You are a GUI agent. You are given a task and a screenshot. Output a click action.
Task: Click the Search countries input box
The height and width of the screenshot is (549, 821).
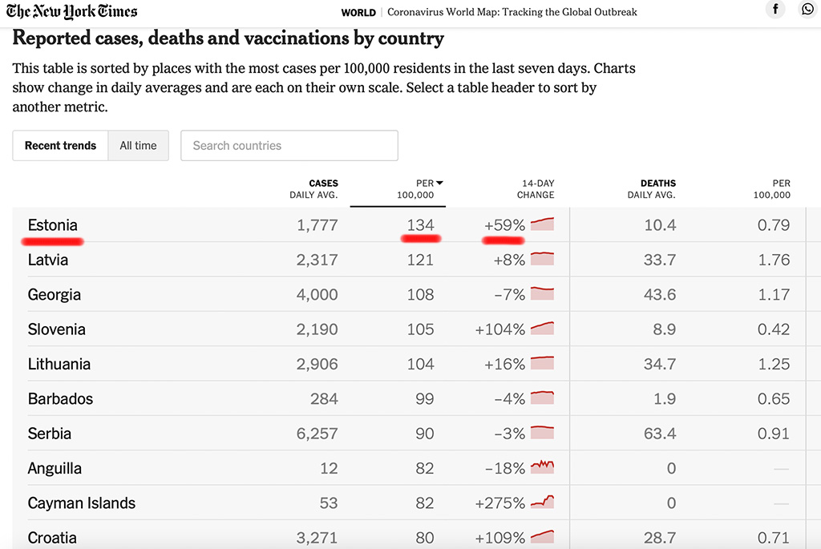(289, 146)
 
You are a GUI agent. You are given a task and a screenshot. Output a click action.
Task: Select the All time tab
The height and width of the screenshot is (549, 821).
(138, 146)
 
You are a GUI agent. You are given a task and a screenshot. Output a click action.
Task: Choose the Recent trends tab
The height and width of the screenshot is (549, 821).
(60, 146)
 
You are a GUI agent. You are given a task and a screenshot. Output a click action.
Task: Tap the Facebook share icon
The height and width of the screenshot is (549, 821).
(775, 10)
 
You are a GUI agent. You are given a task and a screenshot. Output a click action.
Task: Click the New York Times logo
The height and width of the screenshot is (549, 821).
(71, 11)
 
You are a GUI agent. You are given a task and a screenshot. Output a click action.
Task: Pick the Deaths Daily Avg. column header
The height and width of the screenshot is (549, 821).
(651, 189)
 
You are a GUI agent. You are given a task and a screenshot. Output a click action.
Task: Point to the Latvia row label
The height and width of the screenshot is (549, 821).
(48, 260)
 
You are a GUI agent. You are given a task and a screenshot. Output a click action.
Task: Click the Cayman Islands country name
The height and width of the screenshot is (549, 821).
(82, 503)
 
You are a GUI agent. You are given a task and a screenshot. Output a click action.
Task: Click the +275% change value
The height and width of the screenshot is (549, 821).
(499, 503)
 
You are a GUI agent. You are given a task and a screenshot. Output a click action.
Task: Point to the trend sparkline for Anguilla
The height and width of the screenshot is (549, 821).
(543, 466)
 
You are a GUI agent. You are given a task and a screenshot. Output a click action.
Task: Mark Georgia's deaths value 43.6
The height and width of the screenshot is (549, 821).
(660, 295)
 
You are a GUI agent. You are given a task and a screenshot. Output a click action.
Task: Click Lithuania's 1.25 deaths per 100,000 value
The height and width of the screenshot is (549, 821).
(774, 364)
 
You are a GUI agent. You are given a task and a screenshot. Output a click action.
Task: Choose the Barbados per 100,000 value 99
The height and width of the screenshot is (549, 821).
(424, 399)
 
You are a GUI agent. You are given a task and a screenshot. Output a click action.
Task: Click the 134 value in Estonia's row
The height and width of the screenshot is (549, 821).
(420, 225)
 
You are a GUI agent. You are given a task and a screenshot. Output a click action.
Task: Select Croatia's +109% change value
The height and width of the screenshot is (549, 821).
(499, 538)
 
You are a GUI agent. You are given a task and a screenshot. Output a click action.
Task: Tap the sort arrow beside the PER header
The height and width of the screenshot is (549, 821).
(439, 184)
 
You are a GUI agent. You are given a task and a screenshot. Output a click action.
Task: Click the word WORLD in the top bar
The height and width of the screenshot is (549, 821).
(358, 13)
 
